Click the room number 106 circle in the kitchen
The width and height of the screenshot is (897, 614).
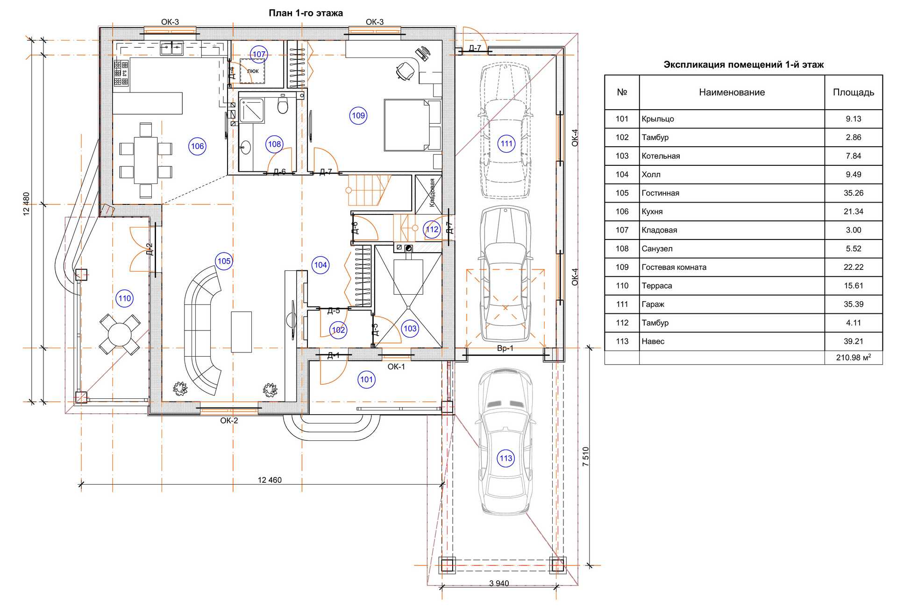pyautogui.click(x=198, y=146)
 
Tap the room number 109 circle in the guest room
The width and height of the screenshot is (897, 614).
pyautogui.click(x=358, y=115)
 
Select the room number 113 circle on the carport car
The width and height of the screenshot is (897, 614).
pyautogui.click(x=506, y=458)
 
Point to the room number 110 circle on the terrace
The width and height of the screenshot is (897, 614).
pyautogui.click(x=125, y=298)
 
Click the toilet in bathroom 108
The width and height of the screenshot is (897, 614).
pyautogui.click(x=282, y=105)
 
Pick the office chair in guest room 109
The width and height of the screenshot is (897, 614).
pyautogui.click(x=405, y=71)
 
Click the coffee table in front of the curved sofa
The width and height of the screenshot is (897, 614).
pyautogui.click(x=241, y=332)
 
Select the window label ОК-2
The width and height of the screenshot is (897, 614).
pyautogui.click(x=229, y=420)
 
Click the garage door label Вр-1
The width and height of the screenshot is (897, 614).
pyautogui.click(x=505, y=348)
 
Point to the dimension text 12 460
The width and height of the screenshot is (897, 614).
pyautogui.click(x=270, y=480)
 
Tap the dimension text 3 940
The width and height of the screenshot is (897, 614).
pyautogui.click(x=499, y=583)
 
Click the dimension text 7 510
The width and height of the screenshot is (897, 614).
pyautogui.click(x=586, y=456)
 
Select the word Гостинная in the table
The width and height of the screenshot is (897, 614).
pyautogui.click(x=660, y=193)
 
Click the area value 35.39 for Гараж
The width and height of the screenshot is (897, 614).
pyautogui.click(x=854, y=304)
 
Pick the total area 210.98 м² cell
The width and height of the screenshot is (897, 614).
pyautogui.click(x=854, y=358)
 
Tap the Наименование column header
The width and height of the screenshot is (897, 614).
pyautogui.click(x=732, y=92)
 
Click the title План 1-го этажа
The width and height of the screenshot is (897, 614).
pyautogui.click(x=306, y=13)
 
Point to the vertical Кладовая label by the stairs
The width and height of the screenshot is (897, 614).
pyautogui.click(x=432, y=192)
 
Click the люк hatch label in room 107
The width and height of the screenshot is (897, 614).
pyautogui.click(x=253, y=71)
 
